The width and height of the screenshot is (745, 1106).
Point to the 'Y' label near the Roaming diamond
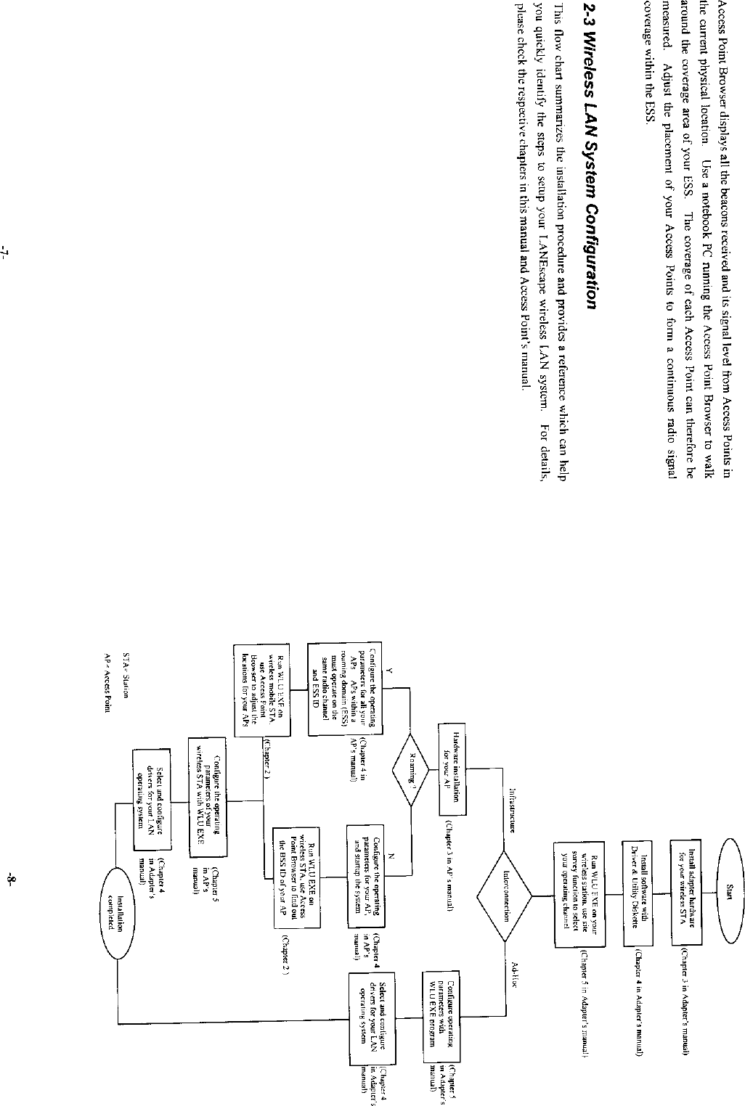pos(389,672)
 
